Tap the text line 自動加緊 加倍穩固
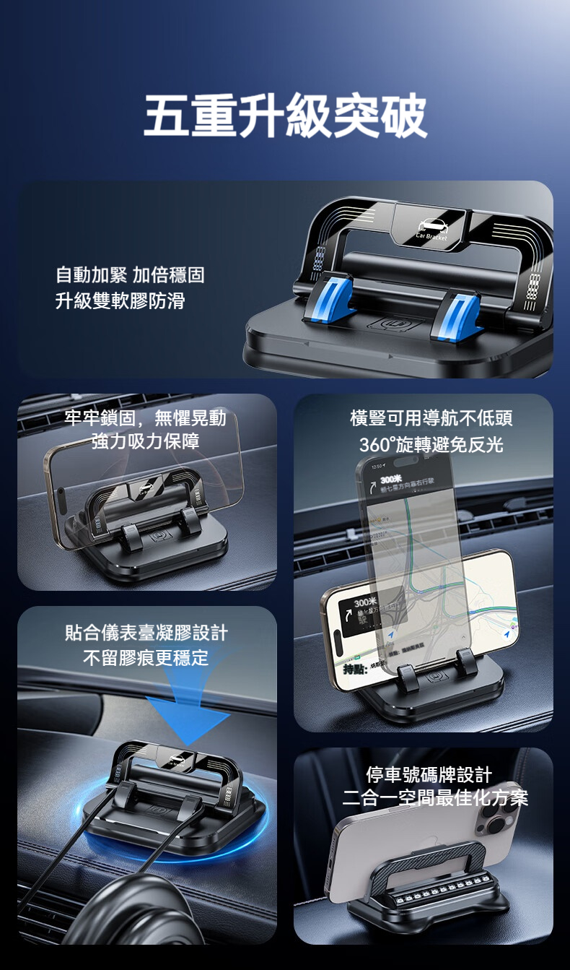coord(130,274)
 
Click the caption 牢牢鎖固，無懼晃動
coord(145,418)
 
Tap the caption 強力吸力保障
coord(145,441)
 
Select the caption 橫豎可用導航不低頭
coord(431,418)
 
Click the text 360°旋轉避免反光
coord(431,444)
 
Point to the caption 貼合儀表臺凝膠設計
coord(146,633)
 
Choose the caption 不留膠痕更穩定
coord(146,657)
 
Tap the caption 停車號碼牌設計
coord(429,775)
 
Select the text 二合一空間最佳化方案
coord(435,797)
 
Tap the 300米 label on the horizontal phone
coord(366,602)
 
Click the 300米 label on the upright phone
coord(391,480)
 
